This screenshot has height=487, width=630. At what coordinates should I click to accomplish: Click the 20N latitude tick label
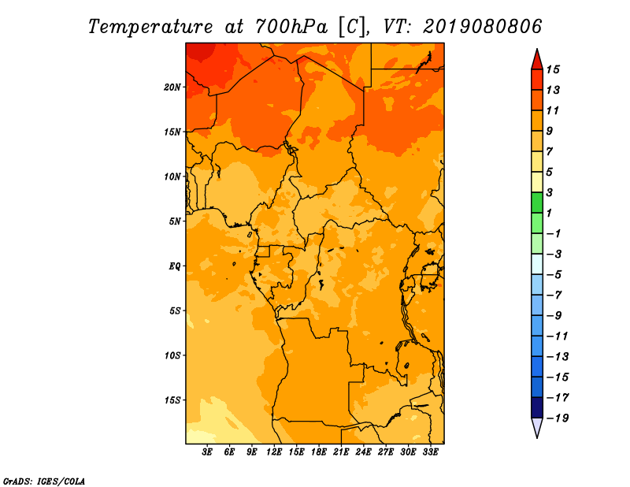[172, 87]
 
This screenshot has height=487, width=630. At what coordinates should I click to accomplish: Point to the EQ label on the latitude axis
[174, 266]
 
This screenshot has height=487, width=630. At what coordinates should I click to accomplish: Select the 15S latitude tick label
[172, 400]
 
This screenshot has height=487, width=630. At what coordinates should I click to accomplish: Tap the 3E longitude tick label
[207, 452]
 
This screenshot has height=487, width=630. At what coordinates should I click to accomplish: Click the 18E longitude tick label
[319, 452]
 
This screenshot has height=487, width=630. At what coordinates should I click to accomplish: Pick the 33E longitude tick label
[430, 452]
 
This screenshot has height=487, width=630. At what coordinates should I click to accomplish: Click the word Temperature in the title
[150, 28]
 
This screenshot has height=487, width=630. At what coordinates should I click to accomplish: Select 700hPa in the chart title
[291, 27]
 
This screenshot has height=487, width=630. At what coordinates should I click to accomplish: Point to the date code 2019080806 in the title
[483, 27]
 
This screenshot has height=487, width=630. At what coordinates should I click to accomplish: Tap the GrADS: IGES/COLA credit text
[44, 481]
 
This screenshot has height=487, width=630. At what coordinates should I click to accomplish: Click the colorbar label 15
[553, 69]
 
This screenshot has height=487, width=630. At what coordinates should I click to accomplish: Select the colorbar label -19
[558, 418]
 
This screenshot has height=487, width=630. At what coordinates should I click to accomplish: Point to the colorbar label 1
[549, 213]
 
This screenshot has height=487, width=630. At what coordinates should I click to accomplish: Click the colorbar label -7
[554, 296]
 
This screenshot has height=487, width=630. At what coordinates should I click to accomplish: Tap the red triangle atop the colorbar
[537, 61]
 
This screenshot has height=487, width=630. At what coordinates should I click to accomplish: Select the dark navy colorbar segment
[537, 407]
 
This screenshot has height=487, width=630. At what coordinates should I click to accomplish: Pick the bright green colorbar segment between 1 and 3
[537, 203]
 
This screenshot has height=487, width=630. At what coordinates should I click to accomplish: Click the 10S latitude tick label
[172, 356]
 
